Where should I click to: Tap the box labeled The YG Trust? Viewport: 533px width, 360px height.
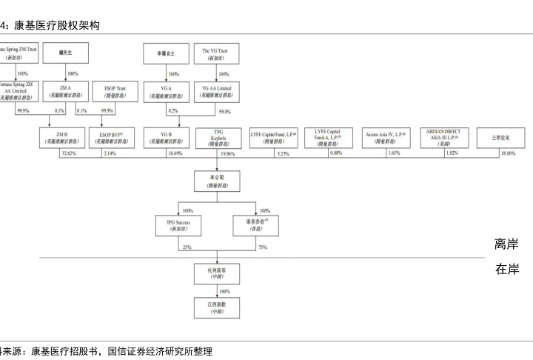pyautogui.click(x=215, y=53)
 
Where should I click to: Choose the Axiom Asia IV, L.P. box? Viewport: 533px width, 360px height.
pyautogui.click(x=383, y=138)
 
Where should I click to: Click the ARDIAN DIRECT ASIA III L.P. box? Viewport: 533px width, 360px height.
pyautogui.click(x=444, y=138)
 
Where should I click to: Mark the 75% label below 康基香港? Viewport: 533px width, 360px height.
pyautogui.click(x=262, y=247)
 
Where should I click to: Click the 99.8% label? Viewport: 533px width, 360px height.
pyautogui.click(x=225, y=110)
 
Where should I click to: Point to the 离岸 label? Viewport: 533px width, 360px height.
pyautogui.click(x=506, y=244)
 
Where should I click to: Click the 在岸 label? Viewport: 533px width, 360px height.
pyautogui.click(x=506, y=270)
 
